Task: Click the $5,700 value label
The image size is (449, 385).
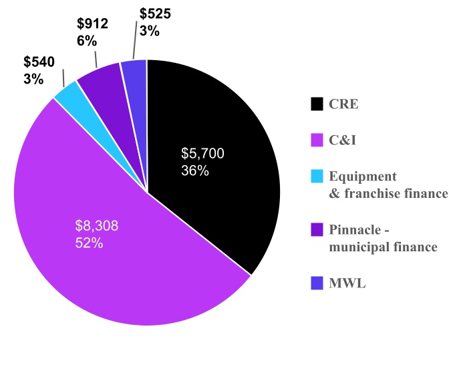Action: coord(202,154)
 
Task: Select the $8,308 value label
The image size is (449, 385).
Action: coord(97,226)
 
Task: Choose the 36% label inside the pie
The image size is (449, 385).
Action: coord(195,170)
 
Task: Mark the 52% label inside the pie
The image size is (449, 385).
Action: coord(89,243)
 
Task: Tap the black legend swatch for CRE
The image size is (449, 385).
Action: coord(317,104)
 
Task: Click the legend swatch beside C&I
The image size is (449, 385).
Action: coord(317,140)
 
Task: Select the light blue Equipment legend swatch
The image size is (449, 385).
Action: coord(317,176)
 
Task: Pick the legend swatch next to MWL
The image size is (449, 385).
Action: coord(317,283)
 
